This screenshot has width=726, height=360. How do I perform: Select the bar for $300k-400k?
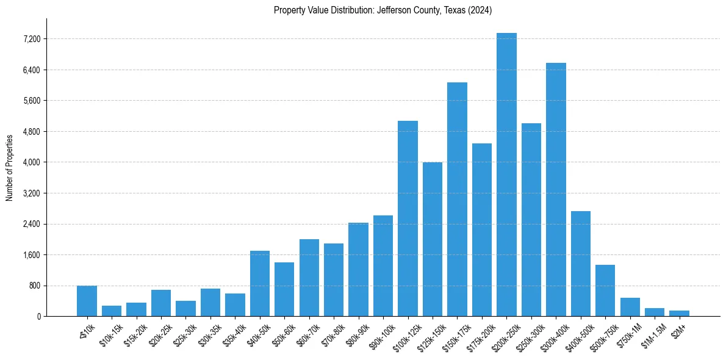(x=556, y=189)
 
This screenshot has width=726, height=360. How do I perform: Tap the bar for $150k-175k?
(x=457, y=199)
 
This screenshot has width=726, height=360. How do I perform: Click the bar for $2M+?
(x=679, y=313)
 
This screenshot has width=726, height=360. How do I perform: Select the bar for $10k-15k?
(x=112, y=311)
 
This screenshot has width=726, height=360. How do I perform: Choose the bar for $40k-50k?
(x=260, y=283)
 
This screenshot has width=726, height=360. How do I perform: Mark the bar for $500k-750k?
(x=605, y=290)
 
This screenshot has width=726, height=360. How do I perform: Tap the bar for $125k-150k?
(x=433, y=239)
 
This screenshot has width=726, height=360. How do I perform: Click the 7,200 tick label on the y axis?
(x=32, y=39)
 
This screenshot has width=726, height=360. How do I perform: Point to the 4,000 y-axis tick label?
(x=32, y=162)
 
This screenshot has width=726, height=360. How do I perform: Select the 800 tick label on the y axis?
(x=35, y=286)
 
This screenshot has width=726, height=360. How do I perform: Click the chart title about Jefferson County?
(x=383, y=10)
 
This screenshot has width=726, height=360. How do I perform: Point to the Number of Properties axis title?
(x=9, y=167)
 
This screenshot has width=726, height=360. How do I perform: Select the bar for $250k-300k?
(x=531, y=220)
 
